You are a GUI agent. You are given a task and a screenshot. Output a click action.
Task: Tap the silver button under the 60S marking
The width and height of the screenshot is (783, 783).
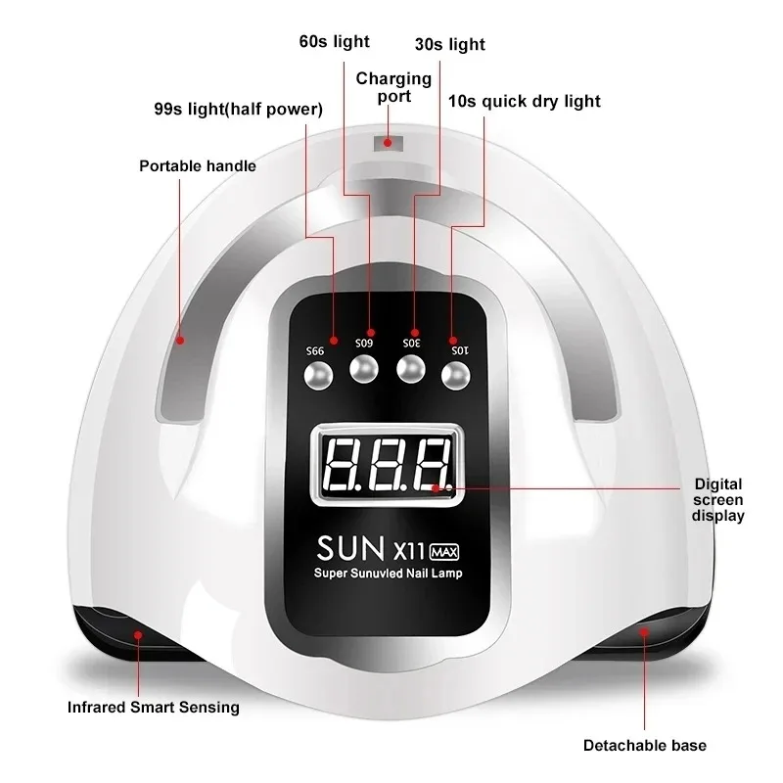[363, 369]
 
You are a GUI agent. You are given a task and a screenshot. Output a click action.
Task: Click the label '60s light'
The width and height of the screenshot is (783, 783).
[335, 41]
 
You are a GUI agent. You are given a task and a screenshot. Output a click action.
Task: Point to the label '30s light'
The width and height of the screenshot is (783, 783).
[450, 44]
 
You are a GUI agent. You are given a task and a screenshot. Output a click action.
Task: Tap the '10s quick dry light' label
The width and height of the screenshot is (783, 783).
[525, 101]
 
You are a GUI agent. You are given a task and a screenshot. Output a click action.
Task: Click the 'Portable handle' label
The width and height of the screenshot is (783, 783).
[198, 165]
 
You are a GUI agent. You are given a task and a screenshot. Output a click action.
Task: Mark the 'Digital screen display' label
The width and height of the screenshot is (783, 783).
[718, 499]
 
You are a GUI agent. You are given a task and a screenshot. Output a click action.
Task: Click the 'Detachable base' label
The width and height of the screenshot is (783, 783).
[644, 745]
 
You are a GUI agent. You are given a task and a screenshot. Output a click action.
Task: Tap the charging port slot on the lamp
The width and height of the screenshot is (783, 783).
[389, 143]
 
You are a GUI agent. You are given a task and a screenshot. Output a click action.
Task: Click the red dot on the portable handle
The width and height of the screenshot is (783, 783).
[180, 341]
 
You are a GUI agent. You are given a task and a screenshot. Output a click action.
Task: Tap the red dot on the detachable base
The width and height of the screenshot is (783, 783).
[644, 633]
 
